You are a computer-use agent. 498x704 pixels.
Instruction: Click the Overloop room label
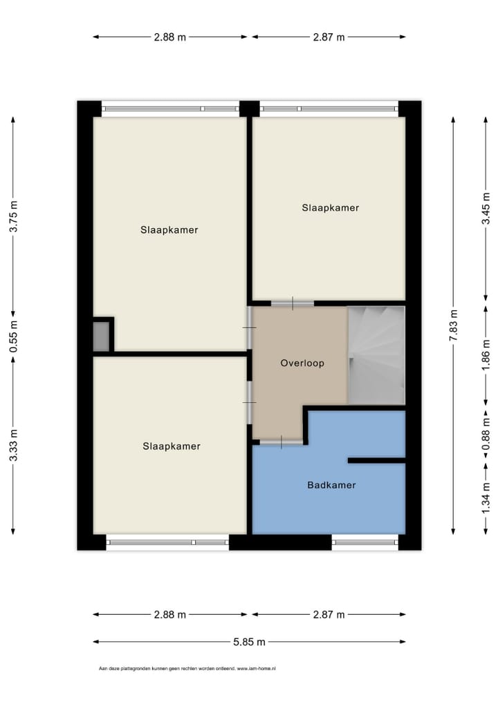point(302,363)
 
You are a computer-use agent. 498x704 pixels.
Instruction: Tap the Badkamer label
point(331,485)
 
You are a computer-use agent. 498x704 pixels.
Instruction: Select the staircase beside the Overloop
point(376,355)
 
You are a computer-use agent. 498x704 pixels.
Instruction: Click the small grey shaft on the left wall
point(101,336)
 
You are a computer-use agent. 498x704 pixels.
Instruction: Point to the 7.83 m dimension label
point(454,325)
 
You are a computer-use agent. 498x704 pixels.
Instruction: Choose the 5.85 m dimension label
point(249,642)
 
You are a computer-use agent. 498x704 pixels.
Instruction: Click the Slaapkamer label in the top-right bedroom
point(331,207)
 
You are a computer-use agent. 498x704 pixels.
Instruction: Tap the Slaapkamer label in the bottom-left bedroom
point(172,446)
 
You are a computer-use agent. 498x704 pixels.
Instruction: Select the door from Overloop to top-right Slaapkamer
point(292,303)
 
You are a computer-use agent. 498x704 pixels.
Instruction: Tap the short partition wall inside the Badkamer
point(376,460)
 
